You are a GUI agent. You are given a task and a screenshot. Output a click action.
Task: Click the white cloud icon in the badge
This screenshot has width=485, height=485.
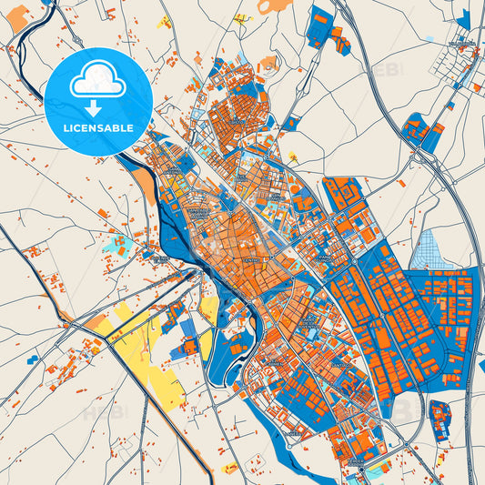click(x=98, y=78)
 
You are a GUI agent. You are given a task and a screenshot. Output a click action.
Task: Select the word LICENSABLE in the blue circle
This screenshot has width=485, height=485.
click(x=98, y=128)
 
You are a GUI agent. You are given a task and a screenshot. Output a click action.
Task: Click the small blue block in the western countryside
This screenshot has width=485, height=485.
click(x=33, y=359)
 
